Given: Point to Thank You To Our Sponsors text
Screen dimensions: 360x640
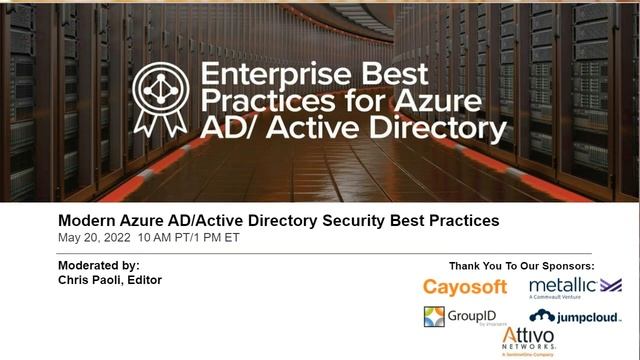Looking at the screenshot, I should pyautogui.click(x=522, y=266).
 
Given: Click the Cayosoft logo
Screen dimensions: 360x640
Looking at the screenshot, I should pyautogui.click(x=466, y=288).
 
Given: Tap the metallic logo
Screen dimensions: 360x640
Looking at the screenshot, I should pyautogui.click(x=574, y=287).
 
